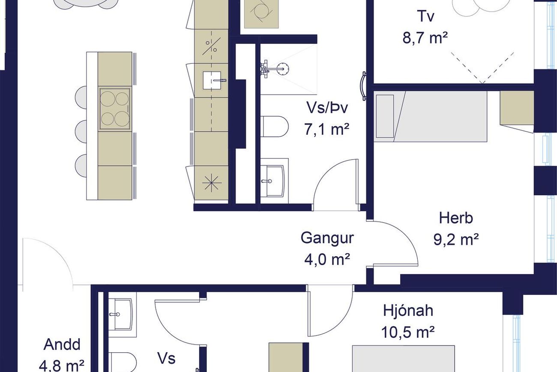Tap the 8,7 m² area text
(x=425, y=38)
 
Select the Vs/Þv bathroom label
(x=327, y=108)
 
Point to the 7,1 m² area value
(x=327, y=129)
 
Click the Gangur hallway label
(x=327, y=238)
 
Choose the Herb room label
(x=456, y=218)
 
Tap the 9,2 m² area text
(x=456, y=239)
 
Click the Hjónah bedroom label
(x=408, y=311)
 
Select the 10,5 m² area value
(x=408, y=332)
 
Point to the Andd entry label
(x=62, y=345)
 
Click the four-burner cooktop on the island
(x=115, y=109)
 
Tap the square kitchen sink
(x=212, y=80)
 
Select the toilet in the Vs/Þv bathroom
(x=274, y=126)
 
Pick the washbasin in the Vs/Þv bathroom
(x=275, y=181)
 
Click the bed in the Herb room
(x=431, y=116)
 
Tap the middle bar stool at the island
(x=81, y=131)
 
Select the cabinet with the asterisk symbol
(x=211, y=183)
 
